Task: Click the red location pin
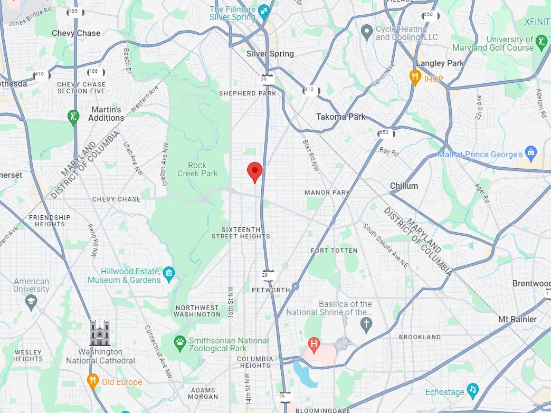[x=255, y=171]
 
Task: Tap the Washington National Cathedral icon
[x=100, y=333]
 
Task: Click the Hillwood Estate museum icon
[x=169, y=273]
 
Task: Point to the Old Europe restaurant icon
[x=93, y=382]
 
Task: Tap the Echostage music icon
[x=473, y=390]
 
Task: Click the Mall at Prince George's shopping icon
[x=531, y=154]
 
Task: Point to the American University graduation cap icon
[x=31, y=302]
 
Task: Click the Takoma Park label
[x=340, y=117]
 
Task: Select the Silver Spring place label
[x=270, y=54]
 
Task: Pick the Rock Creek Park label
[x=197, y=169]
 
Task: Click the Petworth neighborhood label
[x=271, y=290]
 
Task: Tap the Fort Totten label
[x=334, y=250]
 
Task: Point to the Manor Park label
[x=327, y=193]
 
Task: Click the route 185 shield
[x=75, y=11]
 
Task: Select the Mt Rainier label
[x=517, y=319]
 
